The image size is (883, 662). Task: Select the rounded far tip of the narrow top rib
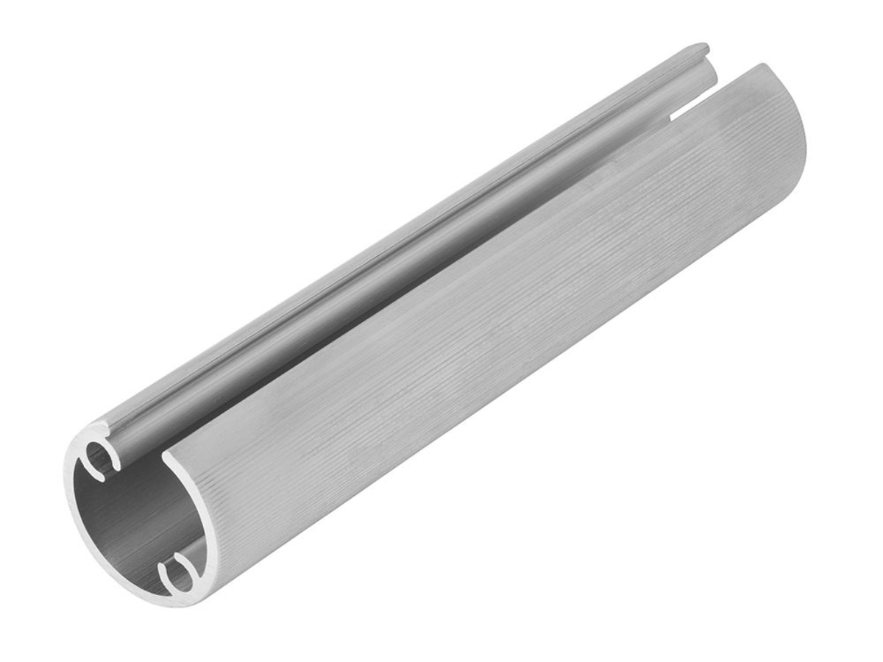tap(703, 49)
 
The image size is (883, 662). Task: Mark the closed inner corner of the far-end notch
tap(671, 116)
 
